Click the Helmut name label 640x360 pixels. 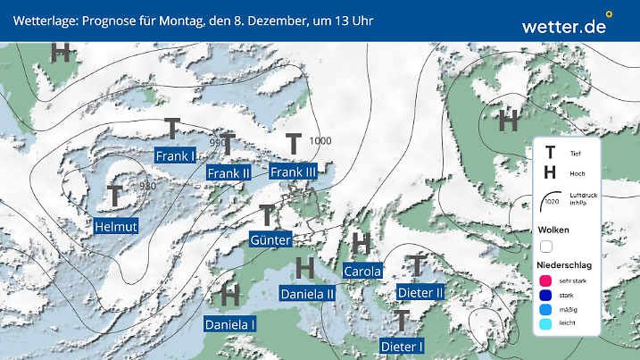coord(116,226)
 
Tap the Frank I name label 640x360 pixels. coord(175,156)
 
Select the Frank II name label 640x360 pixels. coord(228,172)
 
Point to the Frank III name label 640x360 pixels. coord(294,172)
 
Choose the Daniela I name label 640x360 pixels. coord(230,324)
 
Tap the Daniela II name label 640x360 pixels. coord(307,292)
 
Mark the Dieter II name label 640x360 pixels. coord(420,292)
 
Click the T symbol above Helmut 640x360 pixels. coord(115,195)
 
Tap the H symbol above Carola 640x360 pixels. coord(362,243)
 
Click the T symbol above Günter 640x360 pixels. coord(266,214)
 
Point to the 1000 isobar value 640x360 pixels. coord(320,141)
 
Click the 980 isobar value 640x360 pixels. coord(147,186)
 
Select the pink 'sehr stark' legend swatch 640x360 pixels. coord(545,280)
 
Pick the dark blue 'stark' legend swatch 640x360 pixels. coord(545,296)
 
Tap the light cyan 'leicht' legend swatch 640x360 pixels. coord(545,325)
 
